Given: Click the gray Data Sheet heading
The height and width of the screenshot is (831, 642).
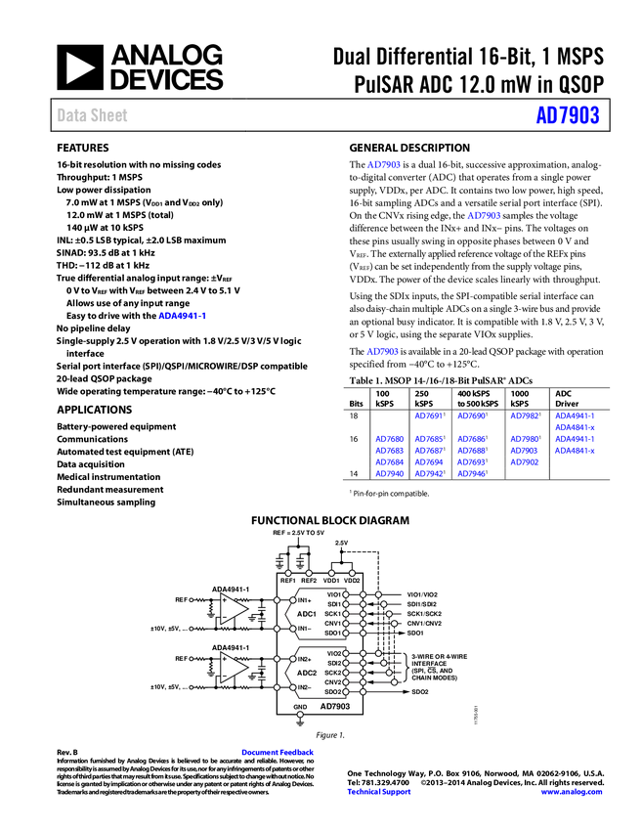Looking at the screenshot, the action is [x=93, y=115].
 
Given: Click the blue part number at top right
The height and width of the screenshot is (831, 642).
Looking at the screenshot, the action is [x=567, y=115].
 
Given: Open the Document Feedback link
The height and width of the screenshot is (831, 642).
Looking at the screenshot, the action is [x=278, y=752].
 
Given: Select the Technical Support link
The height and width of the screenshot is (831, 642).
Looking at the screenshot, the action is [x=379, y=792].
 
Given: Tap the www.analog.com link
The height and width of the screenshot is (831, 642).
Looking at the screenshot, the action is [x=572, y=792].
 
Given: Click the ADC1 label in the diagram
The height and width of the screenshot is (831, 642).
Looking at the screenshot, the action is [x=307, y=614].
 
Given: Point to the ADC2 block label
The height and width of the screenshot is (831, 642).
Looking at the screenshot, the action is [x=307, y=673].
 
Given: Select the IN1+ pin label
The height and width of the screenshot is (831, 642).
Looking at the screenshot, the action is [x=305, y=599].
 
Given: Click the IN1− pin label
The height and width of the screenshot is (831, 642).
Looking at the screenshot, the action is [x=305, y=629].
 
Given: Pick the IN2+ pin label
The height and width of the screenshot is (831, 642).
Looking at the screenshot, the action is [x=305, y=659].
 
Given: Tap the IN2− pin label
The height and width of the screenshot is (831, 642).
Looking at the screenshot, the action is [x=305, y=687].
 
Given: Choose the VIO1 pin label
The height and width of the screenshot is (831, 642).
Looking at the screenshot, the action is [x=333, y=594].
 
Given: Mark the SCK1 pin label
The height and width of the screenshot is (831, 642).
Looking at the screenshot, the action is [x=333, y=614].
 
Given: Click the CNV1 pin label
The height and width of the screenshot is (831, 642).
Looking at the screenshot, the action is [x=333, y=623].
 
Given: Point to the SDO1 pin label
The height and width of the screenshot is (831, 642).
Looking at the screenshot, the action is [x=333, y=633].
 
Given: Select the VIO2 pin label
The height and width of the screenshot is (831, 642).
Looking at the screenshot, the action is [x=333, y=653].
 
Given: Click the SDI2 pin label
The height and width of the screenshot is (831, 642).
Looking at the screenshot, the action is [x=333, y=663].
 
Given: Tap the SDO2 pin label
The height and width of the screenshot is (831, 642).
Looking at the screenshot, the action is [x=333, y=692].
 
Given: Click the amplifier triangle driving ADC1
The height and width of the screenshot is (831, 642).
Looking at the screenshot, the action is [x=233, y=608].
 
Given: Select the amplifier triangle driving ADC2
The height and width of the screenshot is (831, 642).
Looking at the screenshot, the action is [x=233, y=667].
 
